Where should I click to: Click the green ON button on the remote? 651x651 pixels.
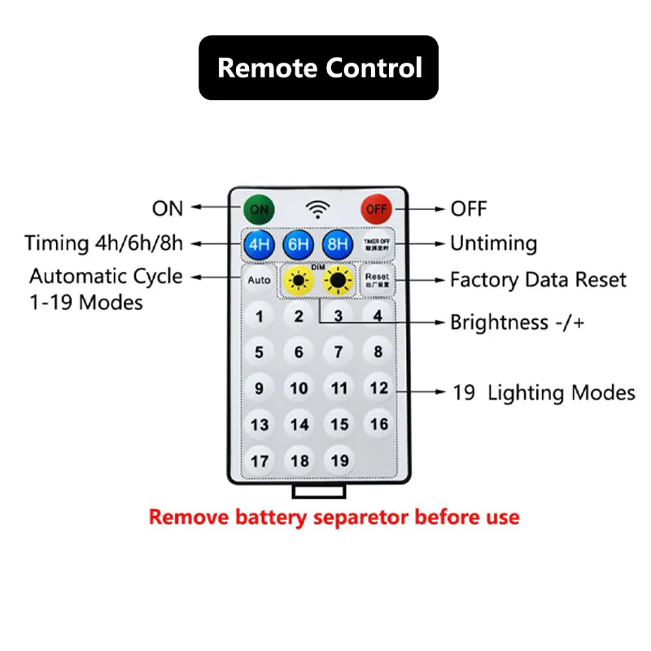click(259, 209)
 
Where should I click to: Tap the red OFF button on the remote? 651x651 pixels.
click(377, 209)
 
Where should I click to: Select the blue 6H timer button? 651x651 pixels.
click(299, 245)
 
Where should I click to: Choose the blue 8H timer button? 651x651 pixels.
click(337, 245)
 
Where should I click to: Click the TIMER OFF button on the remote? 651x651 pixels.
click(377, 244)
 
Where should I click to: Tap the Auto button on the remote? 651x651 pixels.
click(259, 281)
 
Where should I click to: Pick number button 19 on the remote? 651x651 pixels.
click(339, 461)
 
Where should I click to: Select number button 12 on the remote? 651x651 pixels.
click(378, 388)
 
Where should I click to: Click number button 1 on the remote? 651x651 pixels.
click(260, 317)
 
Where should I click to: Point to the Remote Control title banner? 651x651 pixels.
click(319, 68)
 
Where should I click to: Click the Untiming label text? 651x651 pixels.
click(494, 243)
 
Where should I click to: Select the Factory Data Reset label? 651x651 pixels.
click(538, 280)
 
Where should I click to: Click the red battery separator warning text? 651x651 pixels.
click(334, 517)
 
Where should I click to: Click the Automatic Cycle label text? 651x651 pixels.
click(106, 276)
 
